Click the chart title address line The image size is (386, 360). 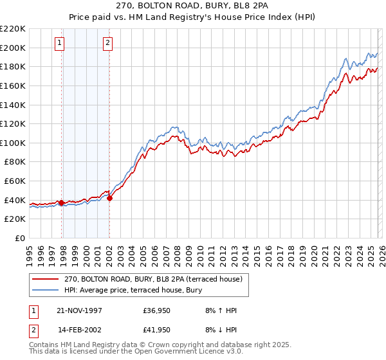(x=192, y=5)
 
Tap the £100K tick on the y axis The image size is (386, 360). (x=13, y=143)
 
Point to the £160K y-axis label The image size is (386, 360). (x=13, y=85)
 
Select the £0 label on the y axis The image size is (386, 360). (x=19, y=239)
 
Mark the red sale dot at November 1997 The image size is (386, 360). (x=62, y=203)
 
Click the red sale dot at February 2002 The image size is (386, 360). (x=109, y=198)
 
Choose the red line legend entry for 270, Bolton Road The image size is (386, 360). (x=153, y=279)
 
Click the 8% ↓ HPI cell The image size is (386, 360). (x=221, y=330)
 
